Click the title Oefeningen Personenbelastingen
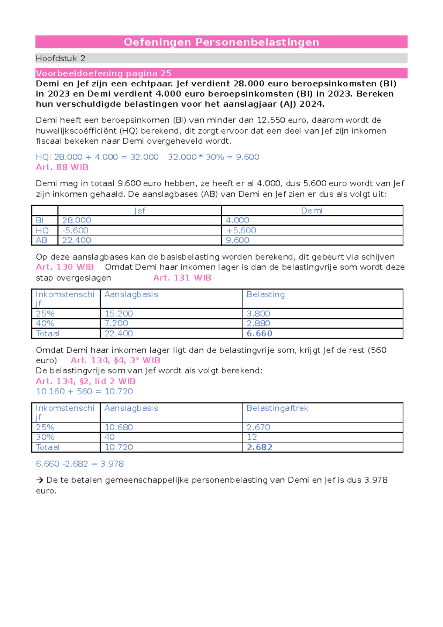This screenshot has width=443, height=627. pos(221,42)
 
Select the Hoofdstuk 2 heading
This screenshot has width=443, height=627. pos(61,58)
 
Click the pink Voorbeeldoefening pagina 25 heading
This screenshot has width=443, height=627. pos(103,73)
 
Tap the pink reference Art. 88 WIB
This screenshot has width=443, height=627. pos(62,167)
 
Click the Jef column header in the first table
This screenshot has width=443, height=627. pos(140,211)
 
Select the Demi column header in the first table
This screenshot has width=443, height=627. pos(312,211)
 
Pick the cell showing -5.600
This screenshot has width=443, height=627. pos(75,230)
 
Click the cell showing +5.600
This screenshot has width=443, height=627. pos(241,230)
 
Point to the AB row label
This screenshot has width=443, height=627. pos(41,240)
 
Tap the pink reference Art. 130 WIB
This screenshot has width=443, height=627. pos(65,267)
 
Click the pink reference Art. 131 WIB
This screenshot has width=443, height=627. pos(182,278)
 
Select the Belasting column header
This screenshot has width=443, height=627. pos(265,295)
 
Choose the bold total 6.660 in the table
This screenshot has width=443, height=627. pos(259,333)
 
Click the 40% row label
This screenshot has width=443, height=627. pos(45,323)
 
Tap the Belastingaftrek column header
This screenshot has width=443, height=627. pos(277,408)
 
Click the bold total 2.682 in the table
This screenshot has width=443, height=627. pos(259,447)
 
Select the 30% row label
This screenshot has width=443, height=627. pos(45,437)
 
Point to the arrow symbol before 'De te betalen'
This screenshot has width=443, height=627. pos(40,480)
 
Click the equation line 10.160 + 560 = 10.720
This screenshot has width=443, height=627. pos(84,391)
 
